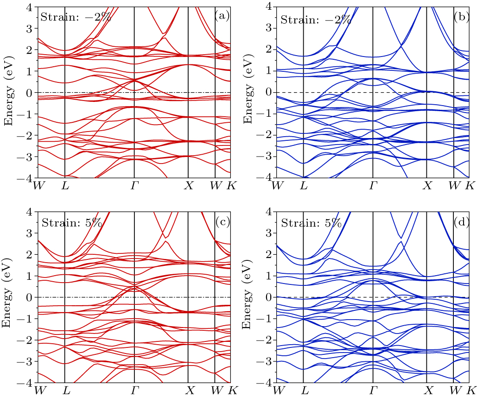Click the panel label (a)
click(222, 16)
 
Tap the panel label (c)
click(222, 221)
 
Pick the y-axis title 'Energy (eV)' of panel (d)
click(248, 297)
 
